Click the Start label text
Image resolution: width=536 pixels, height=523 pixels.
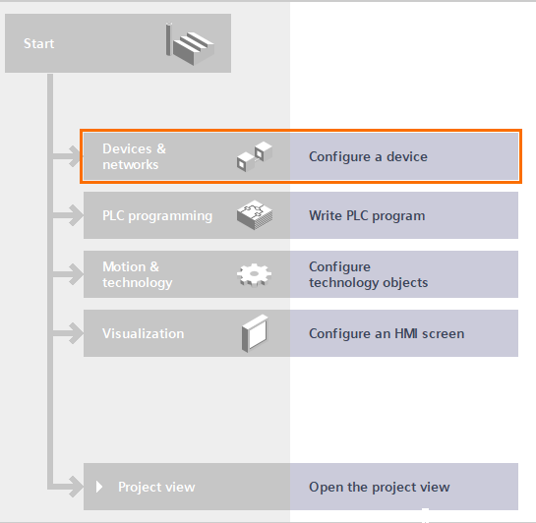click(38, 43)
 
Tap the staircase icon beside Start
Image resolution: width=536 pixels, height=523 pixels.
click(190, 44)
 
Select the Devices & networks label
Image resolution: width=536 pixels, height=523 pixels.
click(135, 156)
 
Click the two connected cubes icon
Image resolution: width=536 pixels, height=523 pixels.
click(255, 156)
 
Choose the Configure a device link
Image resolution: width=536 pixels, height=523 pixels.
click(368, 156)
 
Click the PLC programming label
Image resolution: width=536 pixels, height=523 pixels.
click(157, 216)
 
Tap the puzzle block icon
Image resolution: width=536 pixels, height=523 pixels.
click(255, 215)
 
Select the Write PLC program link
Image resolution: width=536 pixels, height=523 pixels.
click(367, 216)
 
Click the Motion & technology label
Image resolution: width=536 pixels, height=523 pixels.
click(138, 274)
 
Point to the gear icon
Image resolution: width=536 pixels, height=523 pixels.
click(255, 274)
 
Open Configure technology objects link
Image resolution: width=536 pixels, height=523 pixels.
click(369, 274)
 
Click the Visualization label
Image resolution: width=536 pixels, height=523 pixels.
click(144, 333)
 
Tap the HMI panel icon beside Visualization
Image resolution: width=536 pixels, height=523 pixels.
click(255, 333)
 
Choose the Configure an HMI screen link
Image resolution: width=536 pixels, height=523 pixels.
click(387, 333)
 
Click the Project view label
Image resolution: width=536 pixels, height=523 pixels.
click(156, 488)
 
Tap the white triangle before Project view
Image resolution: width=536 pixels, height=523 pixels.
click(99, 487)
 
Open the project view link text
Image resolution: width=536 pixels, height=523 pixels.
click(380, 488)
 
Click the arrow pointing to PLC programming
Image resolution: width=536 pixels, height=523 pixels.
click(68, 215)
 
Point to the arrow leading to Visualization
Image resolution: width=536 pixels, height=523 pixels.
click(68, 333)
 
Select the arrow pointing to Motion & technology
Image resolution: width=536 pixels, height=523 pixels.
click(68, 274)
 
